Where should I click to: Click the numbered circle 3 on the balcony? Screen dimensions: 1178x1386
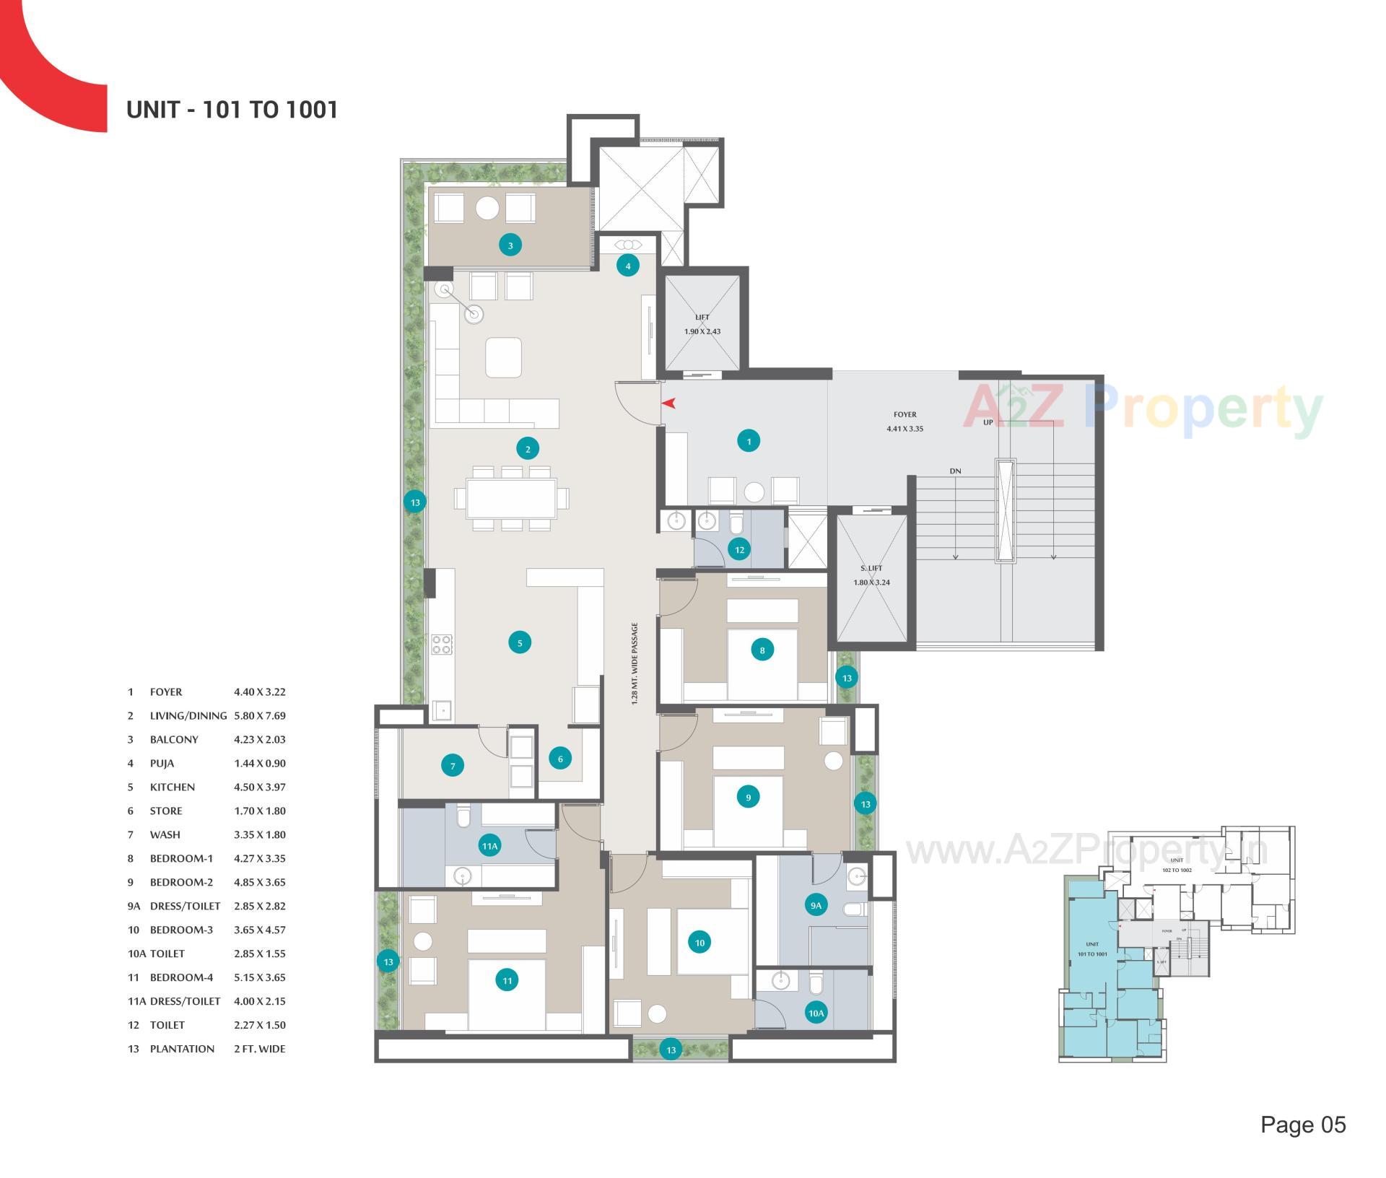coord(510,245)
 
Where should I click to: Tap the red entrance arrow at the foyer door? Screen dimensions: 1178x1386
coord(668,403)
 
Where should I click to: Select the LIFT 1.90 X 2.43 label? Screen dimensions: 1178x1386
coord(702,325)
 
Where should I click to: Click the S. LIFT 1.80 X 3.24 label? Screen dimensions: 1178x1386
coord(871,575)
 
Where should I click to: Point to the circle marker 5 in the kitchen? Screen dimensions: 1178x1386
coord(520,642)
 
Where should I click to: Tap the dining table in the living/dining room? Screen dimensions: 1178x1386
coord(511,499)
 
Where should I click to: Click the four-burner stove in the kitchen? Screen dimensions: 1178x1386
coord(442,644)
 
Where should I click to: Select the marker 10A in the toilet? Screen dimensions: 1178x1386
coord(816,1013)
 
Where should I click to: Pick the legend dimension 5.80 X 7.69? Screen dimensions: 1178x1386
coord(259,715)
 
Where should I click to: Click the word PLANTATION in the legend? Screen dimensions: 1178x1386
coord(182,1049)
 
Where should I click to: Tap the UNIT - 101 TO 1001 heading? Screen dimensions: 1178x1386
coord(232,110)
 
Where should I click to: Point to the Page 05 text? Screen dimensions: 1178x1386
coord(1302,1125)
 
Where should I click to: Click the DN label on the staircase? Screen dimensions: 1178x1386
coord(955,471)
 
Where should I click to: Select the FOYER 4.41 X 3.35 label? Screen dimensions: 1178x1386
coord(905,422)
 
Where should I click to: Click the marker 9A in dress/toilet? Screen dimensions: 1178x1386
coord(816,905)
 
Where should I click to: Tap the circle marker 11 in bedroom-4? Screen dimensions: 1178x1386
coord(507,980)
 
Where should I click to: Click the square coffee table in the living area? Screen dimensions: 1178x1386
coord(503,357)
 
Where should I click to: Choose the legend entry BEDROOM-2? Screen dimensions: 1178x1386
coord(181,882)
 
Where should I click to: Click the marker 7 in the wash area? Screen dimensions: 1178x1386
coord(453,766)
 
